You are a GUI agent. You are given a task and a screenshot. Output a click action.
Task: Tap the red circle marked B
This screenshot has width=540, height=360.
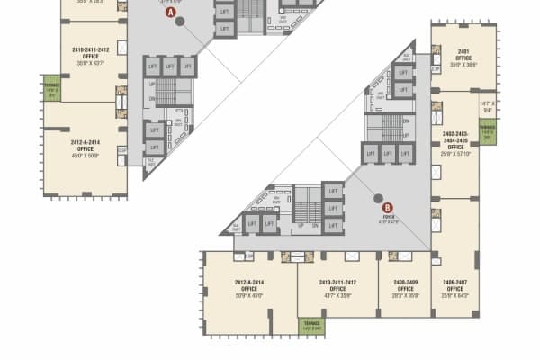coord(388,207)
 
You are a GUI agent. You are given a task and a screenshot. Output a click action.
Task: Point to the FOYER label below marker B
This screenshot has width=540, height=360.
coord(389,217)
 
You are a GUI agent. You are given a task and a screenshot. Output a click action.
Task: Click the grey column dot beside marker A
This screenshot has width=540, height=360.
coord(180,22)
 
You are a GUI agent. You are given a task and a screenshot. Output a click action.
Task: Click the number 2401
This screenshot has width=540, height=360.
coord(463,51)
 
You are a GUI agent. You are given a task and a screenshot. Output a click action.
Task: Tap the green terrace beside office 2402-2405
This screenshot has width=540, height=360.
coord(487,130)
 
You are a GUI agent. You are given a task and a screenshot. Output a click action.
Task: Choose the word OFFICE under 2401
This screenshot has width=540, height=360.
coord(463,58)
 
